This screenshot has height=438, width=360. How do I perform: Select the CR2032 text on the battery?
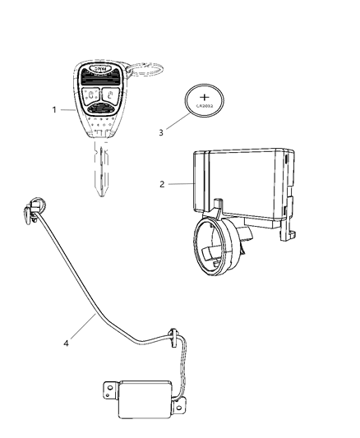(205, 105)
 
